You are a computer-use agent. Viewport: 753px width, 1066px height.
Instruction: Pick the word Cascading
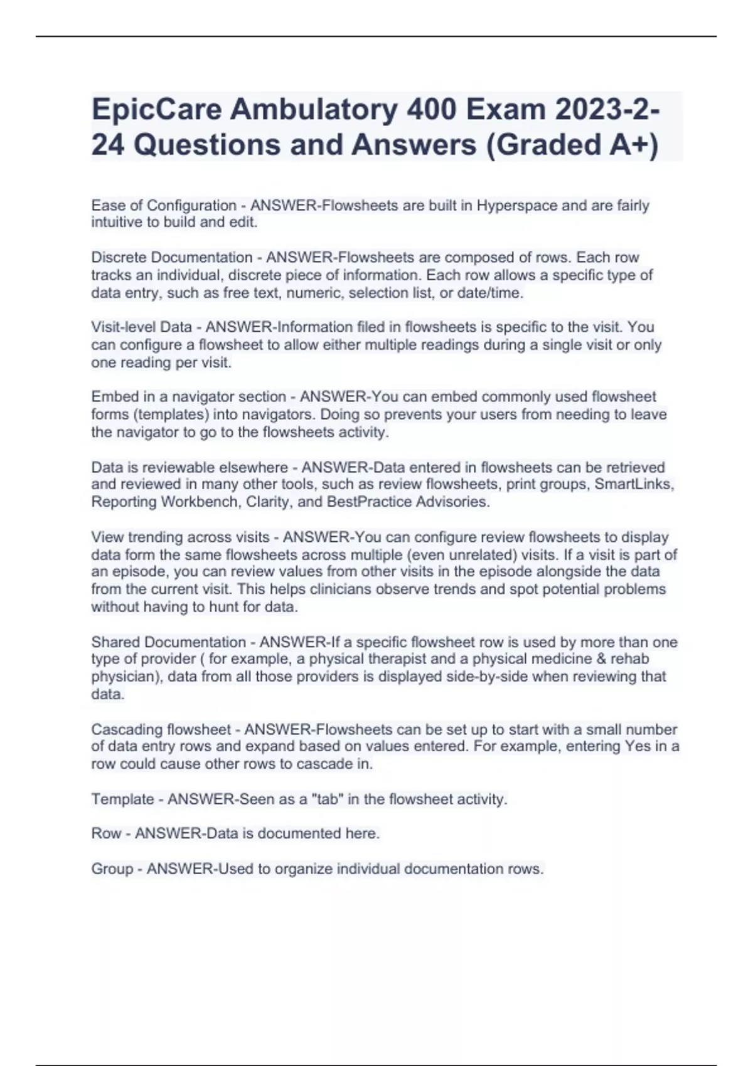point(127,730)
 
